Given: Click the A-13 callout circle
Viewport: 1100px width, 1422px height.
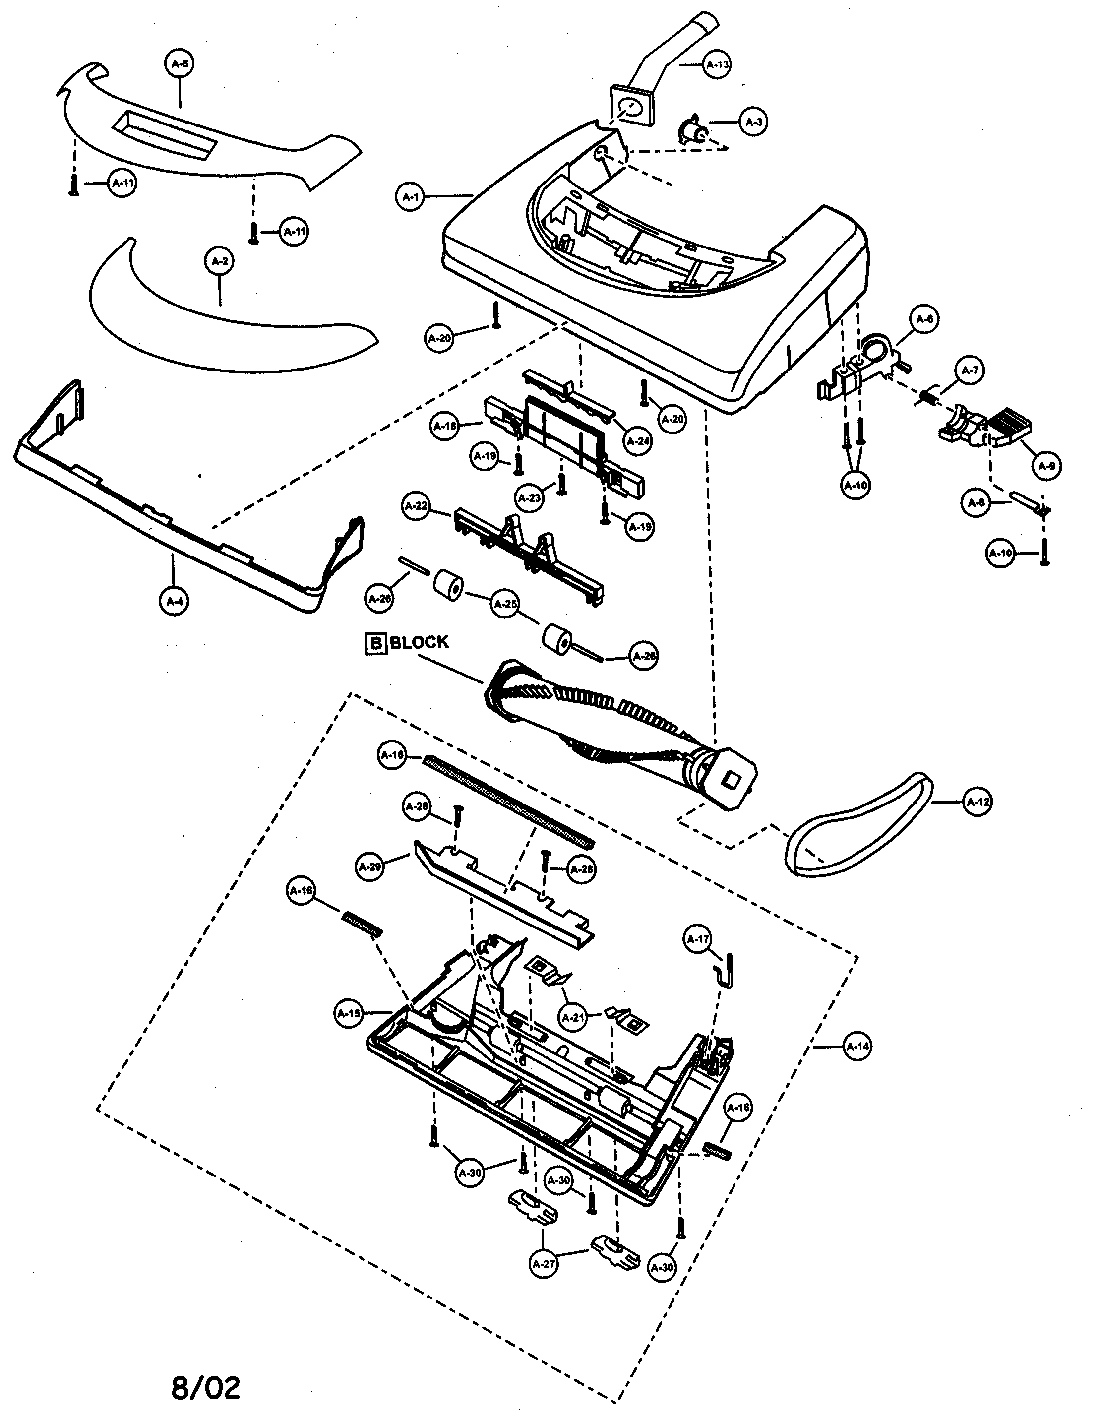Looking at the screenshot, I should point(717,64).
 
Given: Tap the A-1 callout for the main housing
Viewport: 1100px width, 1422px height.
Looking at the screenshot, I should point(410,196).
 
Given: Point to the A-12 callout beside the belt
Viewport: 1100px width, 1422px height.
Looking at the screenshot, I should point(977,802).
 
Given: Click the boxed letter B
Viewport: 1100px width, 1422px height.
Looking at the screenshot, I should point(375,643).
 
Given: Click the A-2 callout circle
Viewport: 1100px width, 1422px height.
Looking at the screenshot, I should point(220,262).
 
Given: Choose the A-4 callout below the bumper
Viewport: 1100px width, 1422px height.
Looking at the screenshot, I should point(174,602).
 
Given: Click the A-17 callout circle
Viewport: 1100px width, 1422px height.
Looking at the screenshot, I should point(698,939).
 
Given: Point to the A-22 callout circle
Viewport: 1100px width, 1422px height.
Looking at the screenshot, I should point(417,506).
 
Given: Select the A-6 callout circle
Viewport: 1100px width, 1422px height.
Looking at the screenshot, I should point(924,319).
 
